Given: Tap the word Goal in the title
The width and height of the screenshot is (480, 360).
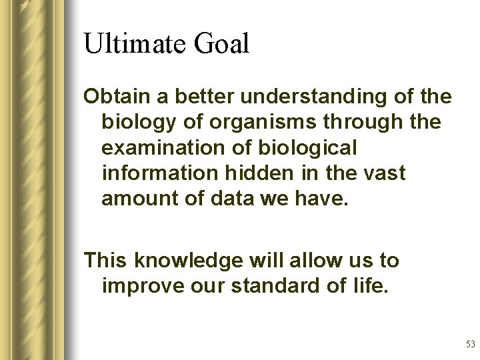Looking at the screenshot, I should click(221, 45).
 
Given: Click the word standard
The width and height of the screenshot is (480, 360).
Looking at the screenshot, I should click(270, 285).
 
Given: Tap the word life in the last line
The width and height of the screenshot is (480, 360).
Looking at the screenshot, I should click(371, 285).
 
